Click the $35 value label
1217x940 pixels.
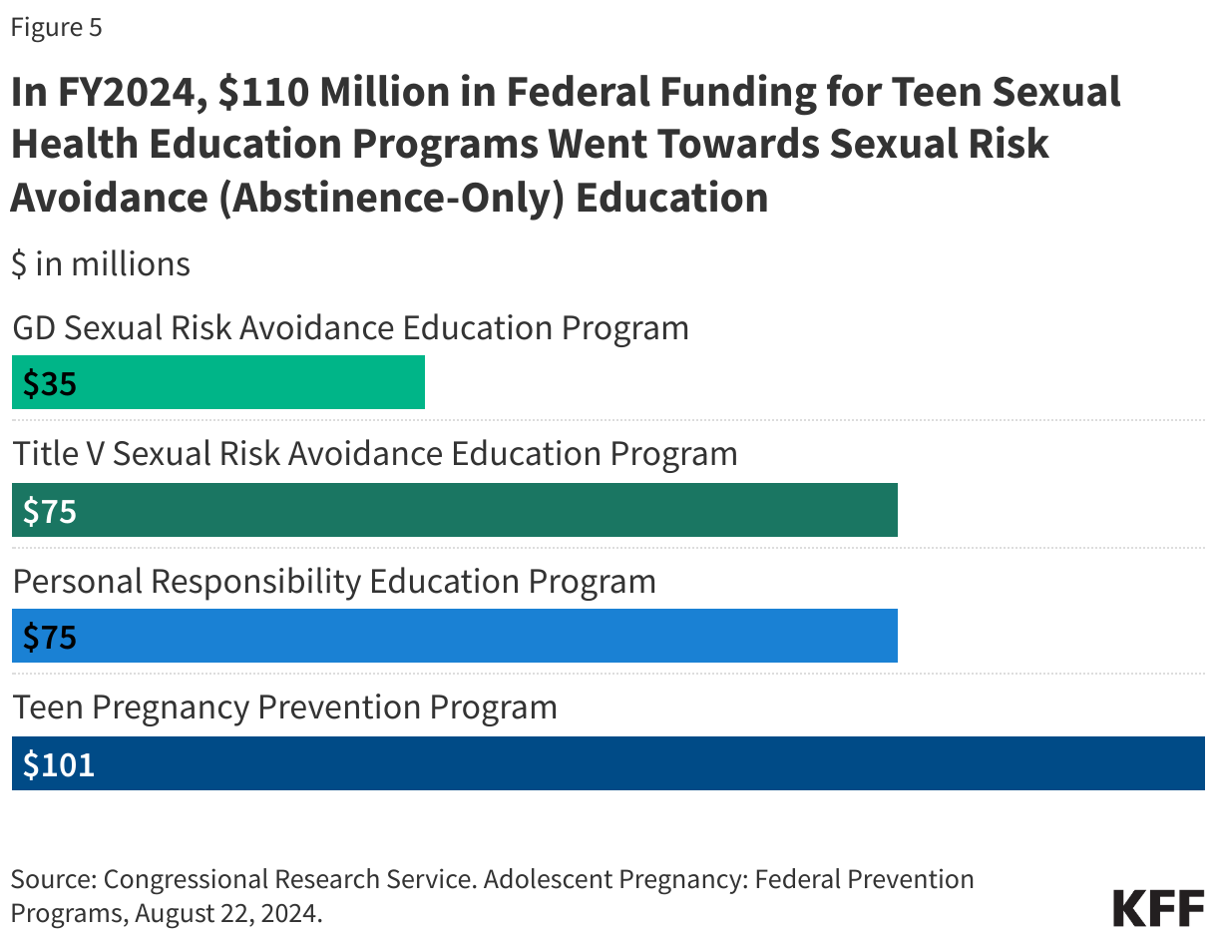50,383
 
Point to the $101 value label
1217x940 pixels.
59,764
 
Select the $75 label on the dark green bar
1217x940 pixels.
50,511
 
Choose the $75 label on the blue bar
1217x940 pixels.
50,637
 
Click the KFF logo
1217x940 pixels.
1158,908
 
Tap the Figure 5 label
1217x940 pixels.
56,27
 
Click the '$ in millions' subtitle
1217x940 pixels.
101,263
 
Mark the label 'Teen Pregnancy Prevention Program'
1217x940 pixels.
284,707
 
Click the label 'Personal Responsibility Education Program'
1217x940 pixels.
334,581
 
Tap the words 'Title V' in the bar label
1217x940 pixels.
58,454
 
